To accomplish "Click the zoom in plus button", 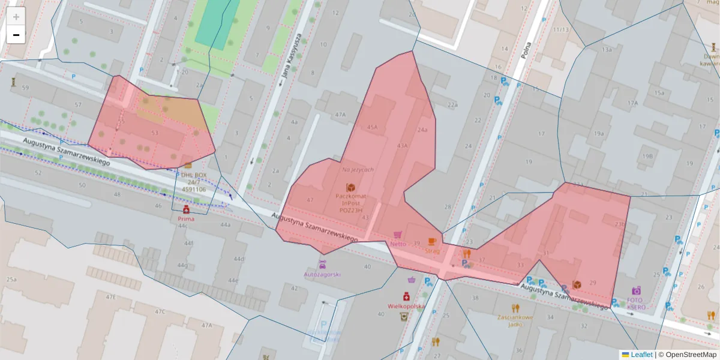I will [x=16, y=17].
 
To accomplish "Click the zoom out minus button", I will [x=16, y=35].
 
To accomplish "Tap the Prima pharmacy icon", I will [x=186, y=209].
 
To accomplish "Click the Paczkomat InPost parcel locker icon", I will [x=350, y=188].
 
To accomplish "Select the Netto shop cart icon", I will [x=397, y=235].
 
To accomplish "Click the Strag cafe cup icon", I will [x=431, y=241].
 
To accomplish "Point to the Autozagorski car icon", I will [x=322, y=265].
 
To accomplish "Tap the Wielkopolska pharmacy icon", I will [x=406, y=296].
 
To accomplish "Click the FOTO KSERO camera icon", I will [x=636, y=290].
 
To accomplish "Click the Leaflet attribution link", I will [x=641, y=355].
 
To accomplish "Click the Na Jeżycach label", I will [x=358, y=170].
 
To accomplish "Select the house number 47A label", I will [x=340, y=114].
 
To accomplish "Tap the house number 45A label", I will [x=372, y=127].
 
